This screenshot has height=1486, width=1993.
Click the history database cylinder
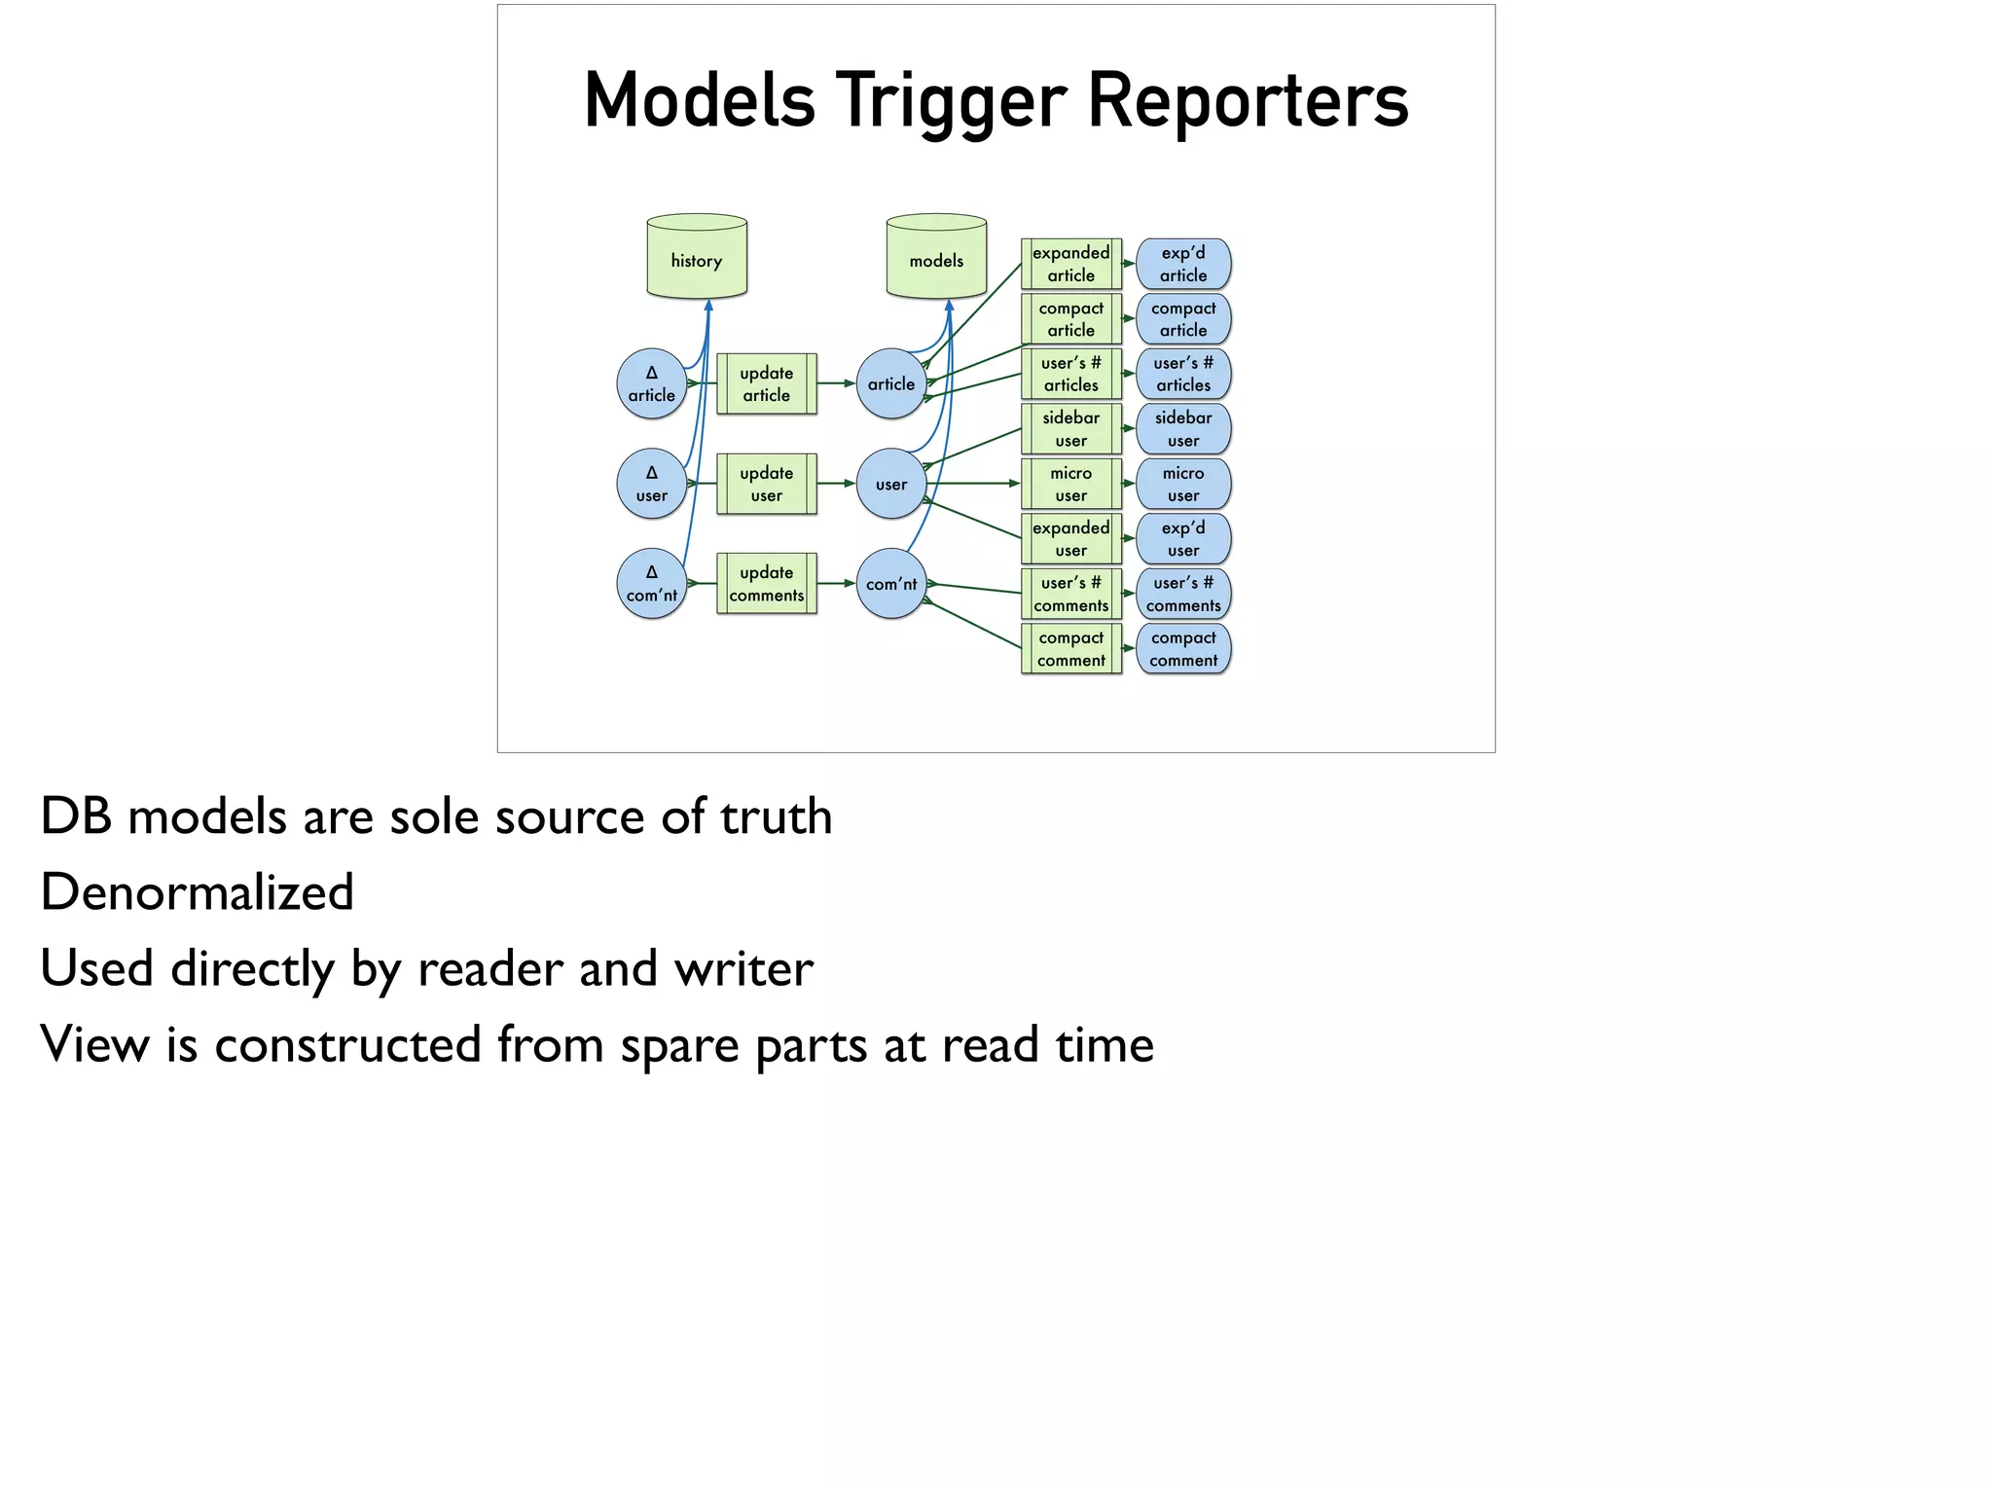coord(697,257)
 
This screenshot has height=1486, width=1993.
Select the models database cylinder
coord(936,257)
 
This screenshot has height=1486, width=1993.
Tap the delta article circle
coord(652,384)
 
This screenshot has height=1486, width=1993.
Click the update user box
coord(767,484)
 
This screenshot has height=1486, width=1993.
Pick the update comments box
coord(767,584)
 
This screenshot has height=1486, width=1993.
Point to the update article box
coord(767,384)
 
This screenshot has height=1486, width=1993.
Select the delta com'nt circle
coord(652,584)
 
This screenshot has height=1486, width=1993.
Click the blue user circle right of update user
coord(890,484)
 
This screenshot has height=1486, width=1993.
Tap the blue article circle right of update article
coord(890,384)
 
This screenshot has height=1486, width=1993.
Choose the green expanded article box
coord(1070,264)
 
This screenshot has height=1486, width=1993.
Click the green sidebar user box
coord(1070,429)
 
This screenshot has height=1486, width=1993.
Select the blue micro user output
coord(1183,484)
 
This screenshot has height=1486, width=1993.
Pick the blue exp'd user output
coord(1183,539)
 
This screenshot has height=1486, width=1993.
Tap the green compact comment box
coord(1070,649)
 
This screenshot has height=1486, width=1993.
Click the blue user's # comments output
coord(1183,594)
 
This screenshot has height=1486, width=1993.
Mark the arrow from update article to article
coord(836,383)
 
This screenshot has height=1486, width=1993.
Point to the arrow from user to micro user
coord(973,484)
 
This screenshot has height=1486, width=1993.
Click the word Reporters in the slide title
coord(1247,100)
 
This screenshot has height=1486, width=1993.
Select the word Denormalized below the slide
coord(198,892)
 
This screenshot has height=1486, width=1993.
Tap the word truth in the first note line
coord(776,816)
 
